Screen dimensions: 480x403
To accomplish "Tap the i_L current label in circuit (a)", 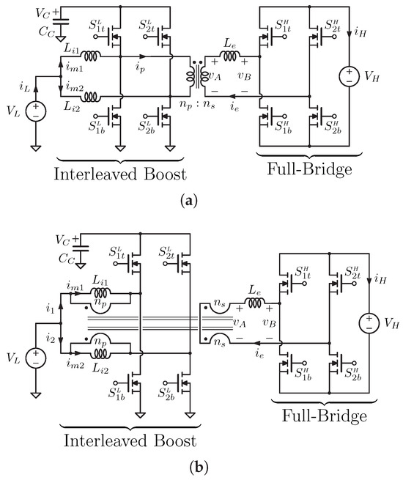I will [x=25, y=86].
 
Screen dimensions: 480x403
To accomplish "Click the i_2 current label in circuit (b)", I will [x=29, y=339].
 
